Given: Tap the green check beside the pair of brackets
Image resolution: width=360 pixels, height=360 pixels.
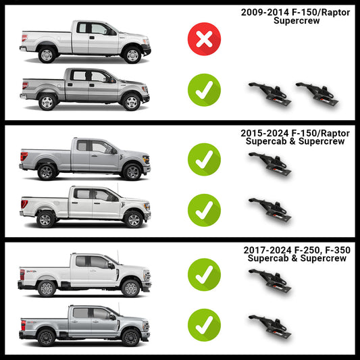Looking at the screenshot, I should tap(204, 90).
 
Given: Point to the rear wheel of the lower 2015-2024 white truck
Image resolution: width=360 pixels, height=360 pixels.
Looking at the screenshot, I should tap(46, 220).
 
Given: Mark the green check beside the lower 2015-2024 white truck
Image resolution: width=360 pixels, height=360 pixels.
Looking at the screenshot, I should tap(204, 208).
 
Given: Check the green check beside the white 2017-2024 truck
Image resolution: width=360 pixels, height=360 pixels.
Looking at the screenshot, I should tap(204, 275).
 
